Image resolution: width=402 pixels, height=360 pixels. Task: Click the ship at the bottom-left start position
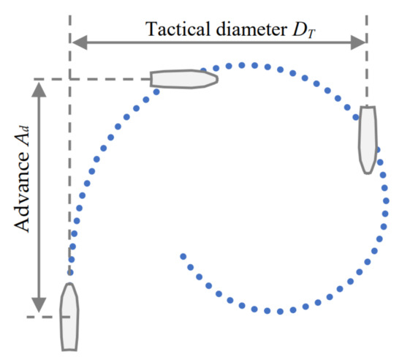69,316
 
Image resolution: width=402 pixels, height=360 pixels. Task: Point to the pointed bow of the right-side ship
368,170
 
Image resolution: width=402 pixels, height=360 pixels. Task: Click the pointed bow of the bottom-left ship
69,286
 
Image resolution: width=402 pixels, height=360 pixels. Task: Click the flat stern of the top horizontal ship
152,78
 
